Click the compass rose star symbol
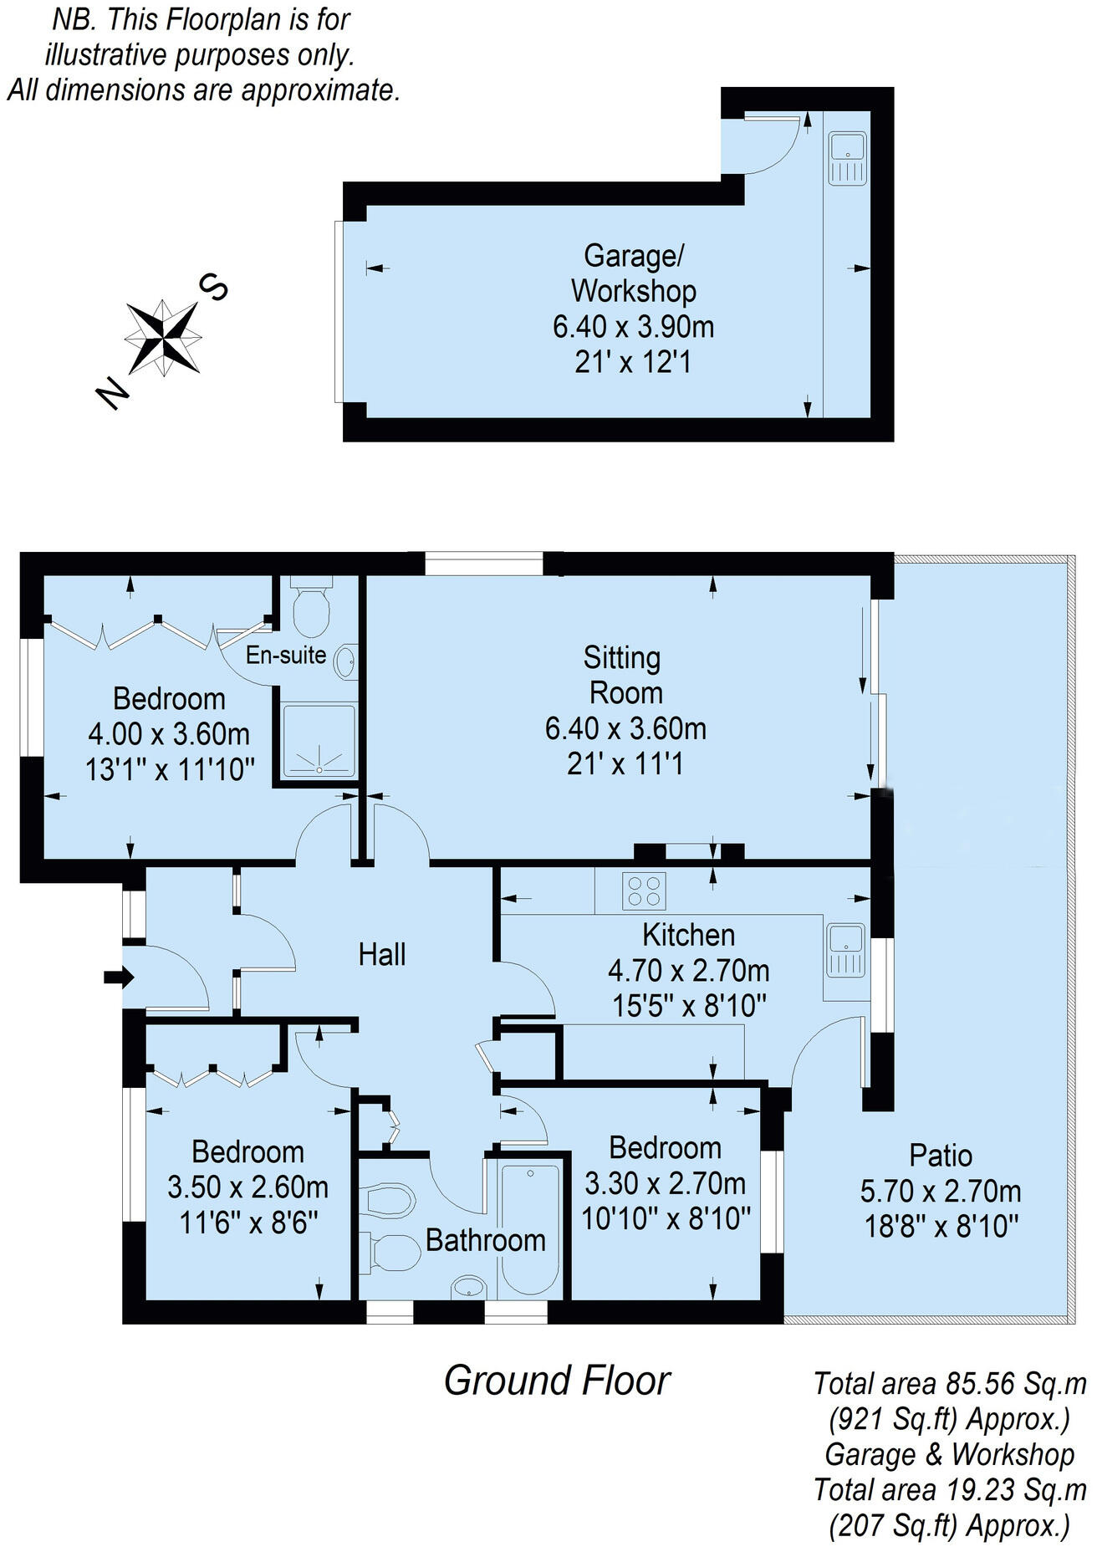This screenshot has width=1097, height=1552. click(164, 336)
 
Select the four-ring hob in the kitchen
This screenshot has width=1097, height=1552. click(644, 891)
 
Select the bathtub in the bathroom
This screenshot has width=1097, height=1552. click(529, 1228)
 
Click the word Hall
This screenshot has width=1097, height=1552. click(382, 954)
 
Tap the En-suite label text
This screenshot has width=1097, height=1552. click(285, 655)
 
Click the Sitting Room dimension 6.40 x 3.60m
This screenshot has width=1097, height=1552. click(625, 728)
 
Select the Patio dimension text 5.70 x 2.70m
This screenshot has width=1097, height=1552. click(941, 1191)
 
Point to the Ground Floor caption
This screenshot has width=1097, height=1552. click(556, 1381)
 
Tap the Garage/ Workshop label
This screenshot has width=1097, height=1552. click(633, 273)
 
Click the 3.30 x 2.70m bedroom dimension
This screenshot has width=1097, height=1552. click(665, 1183)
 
